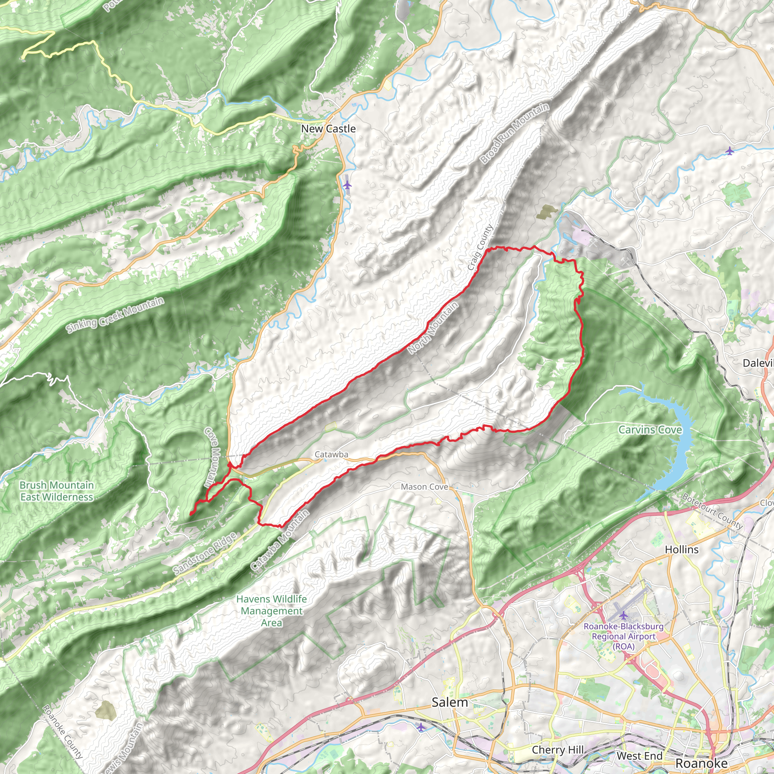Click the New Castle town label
328,128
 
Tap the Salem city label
449,702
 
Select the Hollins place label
681,549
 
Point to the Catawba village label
331,454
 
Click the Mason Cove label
424,487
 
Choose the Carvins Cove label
650,430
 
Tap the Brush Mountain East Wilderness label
56,491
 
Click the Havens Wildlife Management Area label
272,611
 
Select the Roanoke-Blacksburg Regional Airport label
623,636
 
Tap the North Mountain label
433,328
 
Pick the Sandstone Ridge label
205,554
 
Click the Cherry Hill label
558,749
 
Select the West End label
639,755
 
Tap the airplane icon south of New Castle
347,185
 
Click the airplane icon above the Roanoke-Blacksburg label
623,615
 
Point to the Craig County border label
480,247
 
